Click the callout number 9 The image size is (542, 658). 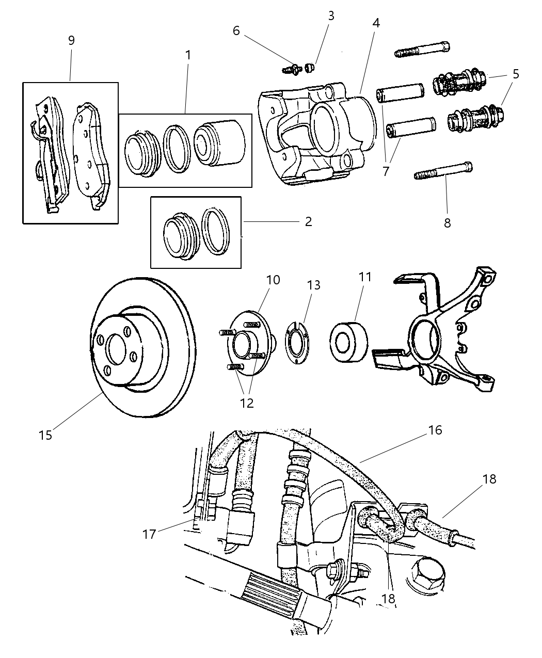point(71,40)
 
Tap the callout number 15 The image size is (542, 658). point(45,435)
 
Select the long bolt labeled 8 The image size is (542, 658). point(443,171)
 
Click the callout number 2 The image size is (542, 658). point(308,222)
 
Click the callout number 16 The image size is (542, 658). point(435,430)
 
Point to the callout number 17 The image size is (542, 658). point(149,534)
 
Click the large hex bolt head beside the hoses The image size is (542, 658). point(426,572)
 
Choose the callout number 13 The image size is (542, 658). point(313,285)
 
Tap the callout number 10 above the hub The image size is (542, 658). point(273,280)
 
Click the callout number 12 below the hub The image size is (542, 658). point(247,403)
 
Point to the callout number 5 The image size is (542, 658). point(515,74)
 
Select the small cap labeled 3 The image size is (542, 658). point(310,67)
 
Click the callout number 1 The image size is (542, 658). point(188,55)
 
